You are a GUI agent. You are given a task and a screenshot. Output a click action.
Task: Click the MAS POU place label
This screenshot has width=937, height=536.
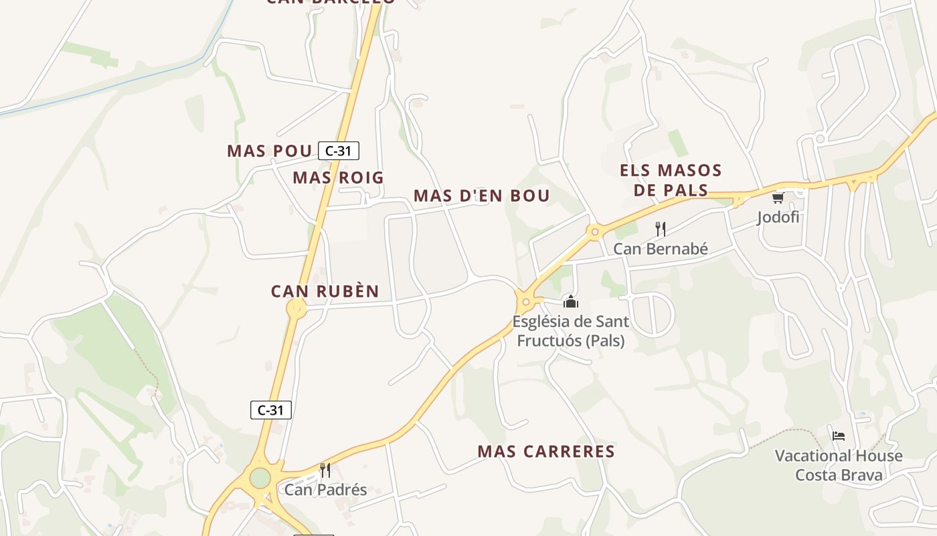point(270,151)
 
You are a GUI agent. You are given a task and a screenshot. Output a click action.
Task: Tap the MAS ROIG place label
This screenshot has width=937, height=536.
point(338,178)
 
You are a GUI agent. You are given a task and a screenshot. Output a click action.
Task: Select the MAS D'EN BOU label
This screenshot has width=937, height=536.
point(481,196)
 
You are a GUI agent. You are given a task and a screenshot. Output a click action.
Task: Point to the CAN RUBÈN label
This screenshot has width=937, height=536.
point(325,291)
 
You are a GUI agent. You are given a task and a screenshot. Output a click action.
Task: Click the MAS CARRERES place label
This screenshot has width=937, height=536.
point(546,452)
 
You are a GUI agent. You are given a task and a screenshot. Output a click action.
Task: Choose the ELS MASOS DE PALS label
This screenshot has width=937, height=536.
point(671,180)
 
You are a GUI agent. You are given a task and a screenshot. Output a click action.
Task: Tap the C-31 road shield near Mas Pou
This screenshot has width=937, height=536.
point(339,151)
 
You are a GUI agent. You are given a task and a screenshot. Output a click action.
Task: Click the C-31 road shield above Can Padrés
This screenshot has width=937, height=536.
point(271,410)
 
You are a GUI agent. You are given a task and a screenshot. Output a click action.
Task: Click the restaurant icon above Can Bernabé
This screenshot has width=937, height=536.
point(660,229)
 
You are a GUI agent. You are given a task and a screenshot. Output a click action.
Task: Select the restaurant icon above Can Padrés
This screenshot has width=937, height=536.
point(325,470)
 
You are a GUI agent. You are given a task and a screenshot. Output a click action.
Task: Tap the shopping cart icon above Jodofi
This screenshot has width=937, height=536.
point(778,198)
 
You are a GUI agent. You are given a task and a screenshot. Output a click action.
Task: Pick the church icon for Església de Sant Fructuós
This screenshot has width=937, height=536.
point(570,301)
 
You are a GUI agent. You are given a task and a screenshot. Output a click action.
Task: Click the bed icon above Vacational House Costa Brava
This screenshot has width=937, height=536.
point(838,435)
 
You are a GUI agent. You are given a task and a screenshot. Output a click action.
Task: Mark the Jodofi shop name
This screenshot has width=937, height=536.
point(778,217)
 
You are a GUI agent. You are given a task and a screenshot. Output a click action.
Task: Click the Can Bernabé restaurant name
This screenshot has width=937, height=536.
point(661,249)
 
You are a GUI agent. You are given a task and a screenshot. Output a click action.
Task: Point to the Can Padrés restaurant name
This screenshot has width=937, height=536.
point(326,490)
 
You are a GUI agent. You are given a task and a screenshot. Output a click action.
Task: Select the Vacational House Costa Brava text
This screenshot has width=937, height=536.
point(839,466)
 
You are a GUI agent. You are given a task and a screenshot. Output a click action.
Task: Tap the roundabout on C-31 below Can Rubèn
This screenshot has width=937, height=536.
point(296,308)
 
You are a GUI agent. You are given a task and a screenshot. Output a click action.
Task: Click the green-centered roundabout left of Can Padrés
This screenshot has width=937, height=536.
point(260,478)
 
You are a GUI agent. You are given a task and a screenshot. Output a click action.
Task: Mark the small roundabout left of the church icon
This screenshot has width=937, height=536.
point(526,301)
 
